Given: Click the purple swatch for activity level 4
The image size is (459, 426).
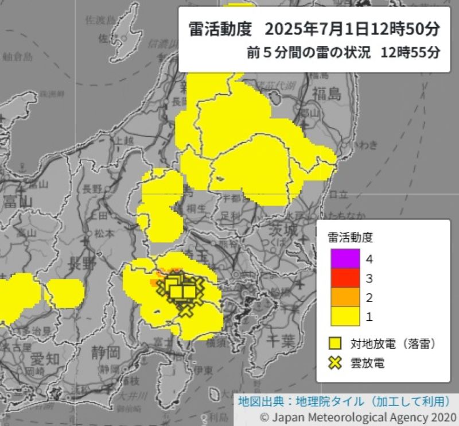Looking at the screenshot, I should [345, 258].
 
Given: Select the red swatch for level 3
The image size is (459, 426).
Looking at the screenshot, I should [345, 278].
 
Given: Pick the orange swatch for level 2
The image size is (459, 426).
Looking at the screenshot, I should [345, 297].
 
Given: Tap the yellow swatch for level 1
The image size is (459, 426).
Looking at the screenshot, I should [345, 316].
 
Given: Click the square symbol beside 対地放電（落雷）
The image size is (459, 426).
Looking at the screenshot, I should [335, 343].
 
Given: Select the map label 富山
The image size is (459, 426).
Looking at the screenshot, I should [16, 201].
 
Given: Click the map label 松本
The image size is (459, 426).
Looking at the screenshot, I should [104, 234].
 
